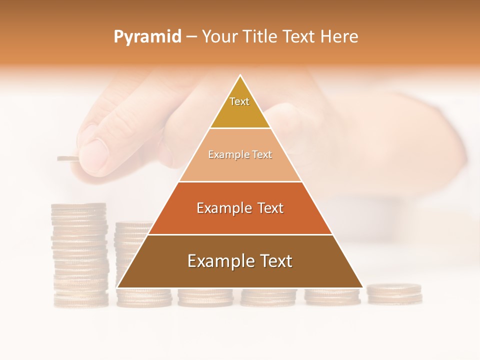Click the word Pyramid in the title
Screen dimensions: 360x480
(147, 37)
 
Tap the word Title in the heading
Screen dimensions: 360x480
(259, 36)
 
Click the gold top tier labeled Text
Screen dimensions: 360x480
(240, 107)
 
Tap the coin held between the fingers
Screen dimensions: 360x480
(68, 159)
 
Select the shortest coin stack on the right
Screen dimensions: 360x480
(394, 293)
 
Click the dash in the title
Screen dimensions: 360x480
(191, 37)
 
